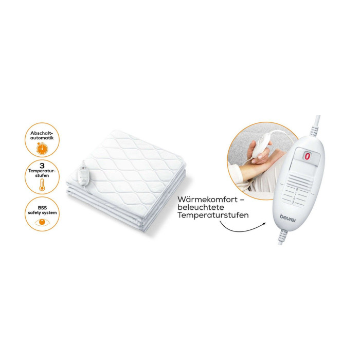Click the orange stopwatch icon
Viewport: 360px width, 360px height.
tap(42, 148)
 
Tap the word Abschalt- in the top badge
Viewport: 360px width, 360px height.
tap(42, 133)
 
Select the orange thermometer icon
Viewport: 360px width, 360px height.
tap(42, 185)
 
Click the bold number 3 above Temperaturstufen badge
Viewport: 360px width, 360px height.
tap(42, 166)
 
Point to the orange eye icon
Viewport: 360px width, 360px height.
tap(42, 222)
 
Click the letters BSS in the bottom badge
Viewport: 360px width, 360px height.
tap(42, 208)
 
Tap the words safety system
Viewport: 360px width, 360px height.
tap(42, 213)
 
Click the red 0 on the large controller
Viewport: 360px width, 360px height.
tap(307, 156)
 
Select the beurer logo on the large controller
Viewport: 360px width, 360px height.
tap(288, 219)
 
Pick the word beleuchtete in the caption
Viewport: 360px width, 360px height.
tap(201, 207)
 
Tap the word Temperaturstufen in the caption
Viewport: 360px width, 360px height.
tap(213, 215)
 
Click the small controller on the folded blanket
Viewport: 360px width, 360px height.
tap(83, 175)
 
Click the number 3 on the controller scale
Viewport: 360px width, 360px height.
tap(293, 202)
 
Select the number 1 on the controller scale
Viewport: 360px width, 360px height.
tap(296, 194)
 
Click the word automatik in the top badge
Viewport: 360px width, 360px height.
tap(42, 138)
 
